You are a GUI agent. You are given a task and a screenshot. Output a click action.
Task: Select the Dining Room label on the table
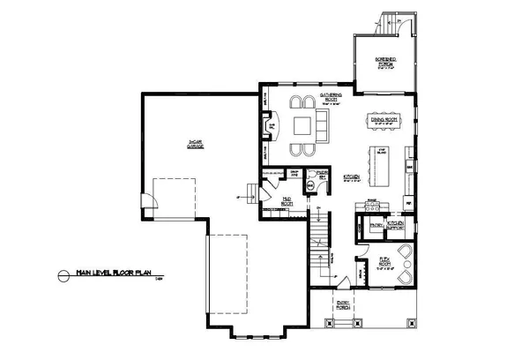[384, 119]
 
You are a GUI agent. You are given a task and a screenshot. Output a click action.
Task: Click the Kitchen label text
[350, 177]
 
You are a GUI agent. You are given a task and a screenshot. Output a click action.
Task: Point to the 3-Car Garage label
[196, 143]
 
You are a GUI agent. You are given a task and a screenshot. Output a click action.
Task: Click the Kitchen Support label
[395, 225]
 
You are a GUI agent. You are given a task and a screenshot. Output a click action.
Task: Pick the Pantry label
[375, 226]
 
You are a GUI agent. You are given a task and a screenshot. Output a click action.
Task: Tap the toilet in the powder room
[310, 185]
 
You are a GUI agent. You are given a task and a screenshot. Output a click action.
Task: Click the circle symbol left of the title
[62, 274]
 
